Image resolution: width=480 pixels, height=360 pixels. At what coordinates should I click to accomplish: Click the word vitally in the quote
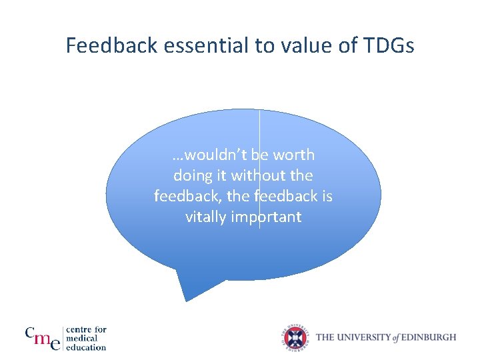(207, 217)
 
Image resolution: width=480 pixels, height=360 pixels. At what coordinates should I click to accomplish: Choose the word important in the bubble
(267, 217)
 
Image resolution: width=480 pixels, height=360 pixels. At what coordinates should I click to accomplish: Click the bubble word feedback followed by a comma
(185, 197)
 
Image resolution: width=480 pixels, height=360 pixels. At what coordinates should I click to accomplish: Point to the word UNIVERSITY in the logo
(362, 337)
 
